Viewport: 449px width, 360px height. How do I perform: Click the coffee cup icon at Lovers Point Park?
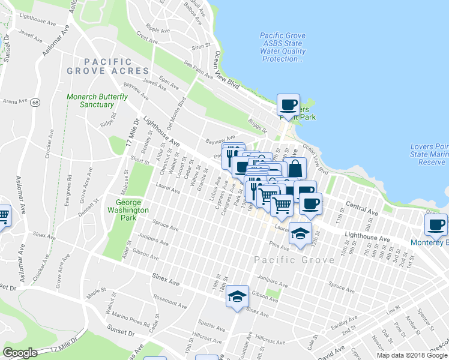coord(288,106)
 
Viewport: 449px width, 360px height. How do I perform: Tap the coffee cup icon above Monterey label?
coord(436,225)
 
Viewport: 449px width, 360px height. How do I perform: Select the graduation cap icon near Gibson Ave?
coord(237,296)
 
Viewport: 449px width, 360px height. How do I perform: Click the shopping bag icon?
coord(295,169)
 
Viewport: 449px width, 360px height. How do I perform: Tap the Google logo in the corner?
coord(20,353)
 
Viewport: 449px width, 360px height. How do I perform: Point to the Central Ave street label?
coord(362,209)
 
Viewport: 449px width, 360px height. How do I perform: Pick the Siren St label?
coord(200,46)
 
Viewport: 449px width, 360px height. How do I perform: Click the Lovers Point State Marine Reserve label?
coord(429,154)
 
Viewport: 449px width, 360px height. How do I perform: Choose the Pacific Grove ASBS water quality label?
coord(283,47)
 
